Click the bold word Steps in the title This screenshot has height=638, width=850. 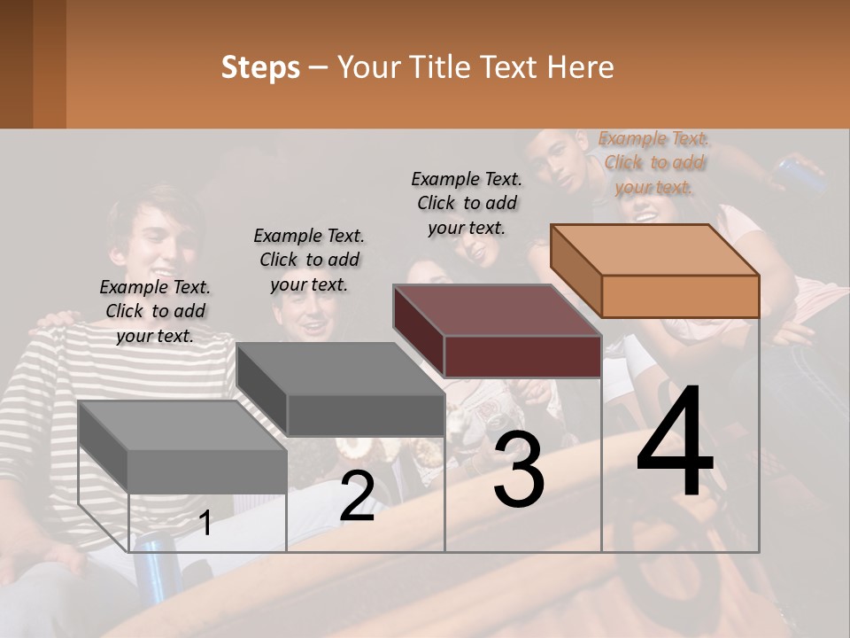[260, 67]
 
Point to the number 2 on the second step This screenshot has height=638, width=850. [357, 496]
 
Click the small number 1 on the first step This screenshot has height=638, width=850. [205, 524]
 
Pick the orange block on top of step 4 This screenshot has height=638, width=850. [655, 270]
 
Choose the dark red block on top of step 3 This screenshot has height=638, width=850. [498, 331]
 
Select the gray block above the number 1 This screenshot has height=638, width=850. [182, 447]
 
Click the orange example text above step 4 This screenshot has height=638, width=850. [653, 162]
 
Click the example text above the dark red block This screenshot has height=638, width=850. [467, 203]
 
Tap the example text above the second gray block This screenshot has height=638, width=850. [309, 260]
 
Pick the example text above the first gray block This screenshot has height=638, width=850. [155, 311]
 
